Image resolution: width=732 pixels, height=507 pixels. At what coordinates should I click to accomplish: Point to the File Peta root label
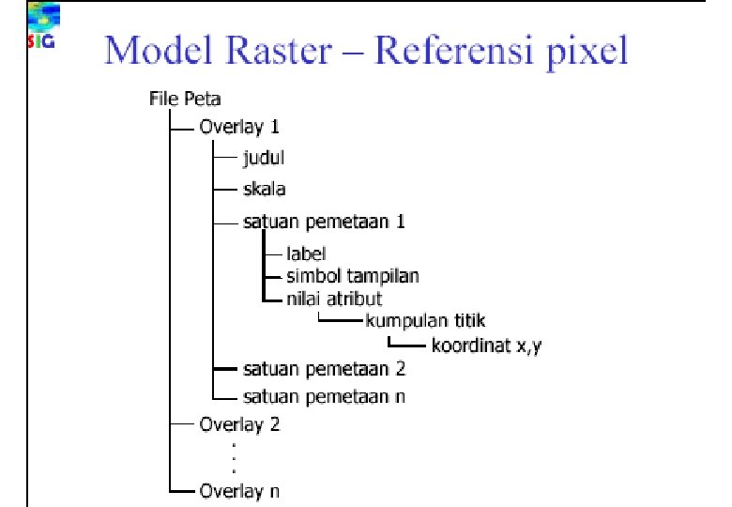coord(185,97)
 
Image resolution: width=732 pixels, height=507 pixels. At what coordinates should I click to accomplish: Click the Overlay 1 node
coord(239,126)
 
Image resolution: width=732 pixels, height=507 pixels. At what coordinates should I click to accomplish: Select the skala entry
coord(264,190)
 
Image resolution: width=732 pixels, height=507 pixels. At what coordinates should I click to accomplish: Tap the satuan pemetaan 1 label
coord(324,223)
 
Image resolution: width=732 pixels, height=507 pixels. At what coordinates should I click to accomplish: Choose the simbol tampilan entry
coord(353,276)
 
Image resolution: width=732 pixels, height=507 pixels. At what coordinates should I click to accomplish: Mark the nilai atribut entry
coord(334,299)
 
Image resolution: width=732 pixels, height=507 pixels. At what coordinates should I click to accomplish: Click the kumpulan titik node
coord(425,321)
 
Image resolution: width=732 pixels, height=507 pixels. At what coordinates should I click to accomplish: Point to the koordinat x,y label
coord(487,345)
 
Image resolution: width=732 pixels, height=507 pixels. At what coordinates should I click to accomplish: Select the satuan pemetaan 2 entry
coord(324,367)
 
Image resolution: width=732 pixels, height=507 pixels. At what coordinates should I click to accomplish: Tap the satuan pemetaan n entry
coord(324,395)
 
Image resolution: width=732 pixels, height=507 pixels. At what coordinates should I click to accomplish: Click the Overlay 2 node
coord(239,423)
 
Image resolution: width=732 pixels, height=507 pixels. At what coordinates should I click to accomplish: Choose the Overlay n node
coord(239,490)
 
